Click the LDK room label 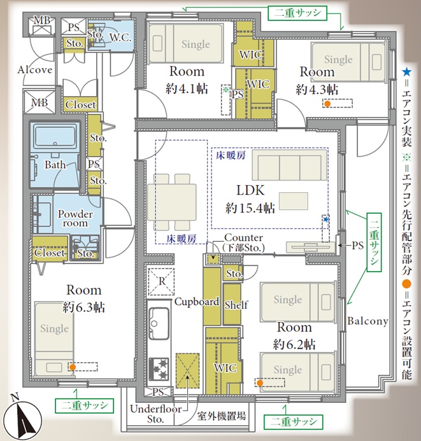pyautogui.click(x=250, y=190)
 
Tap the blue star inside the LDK pyautogui.click(x=325, y=220)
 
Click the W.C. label pyautogui.click(x=120, y=38)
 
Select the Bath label pyautogui.click(x=55, y=165)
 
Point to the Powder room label pyautogui.click(x=75, y=218)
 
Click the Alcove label pyautogui.click(x=35, y=69)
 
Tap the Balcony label pyautogui.click(x=367, y=321)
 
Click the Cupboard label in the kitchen pyautogui.click(x=197, y=302)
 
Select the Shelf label pyautogui.click(x=236, y=305)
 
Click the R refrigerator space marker pyautogui.click(x=162, y=281)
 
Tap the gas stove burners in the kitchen pyautogui.click(x=159, y=368)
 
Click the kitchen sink pyautogui.click(x=159, y=323)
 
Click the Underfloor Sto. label pyautogui.click(x=155, y=414)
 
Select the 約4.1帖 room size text pyautogui.click(x=187, y=89)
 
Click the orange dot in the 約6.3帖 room pyautogui.click(x=73, y=367)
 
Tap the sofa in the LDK pyautogui.click(x=290, y=165)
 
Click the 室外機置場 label pyautogui.click(x=221, y=416)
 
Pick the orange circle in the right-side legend pyautogui.click(x=406, y=284)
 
